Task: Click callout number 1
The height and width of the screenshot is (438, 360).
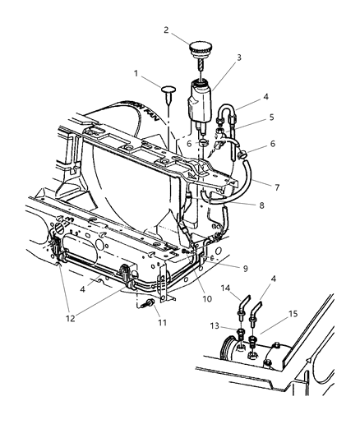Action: click(136, 74)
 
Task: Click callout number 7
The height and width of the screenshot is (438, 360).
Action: click(277, 187)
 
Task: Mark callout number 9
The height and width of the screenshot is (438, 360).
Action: click(243, 268)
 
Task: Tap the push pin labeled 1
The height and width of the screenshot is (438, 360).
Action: click(168, 90)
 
